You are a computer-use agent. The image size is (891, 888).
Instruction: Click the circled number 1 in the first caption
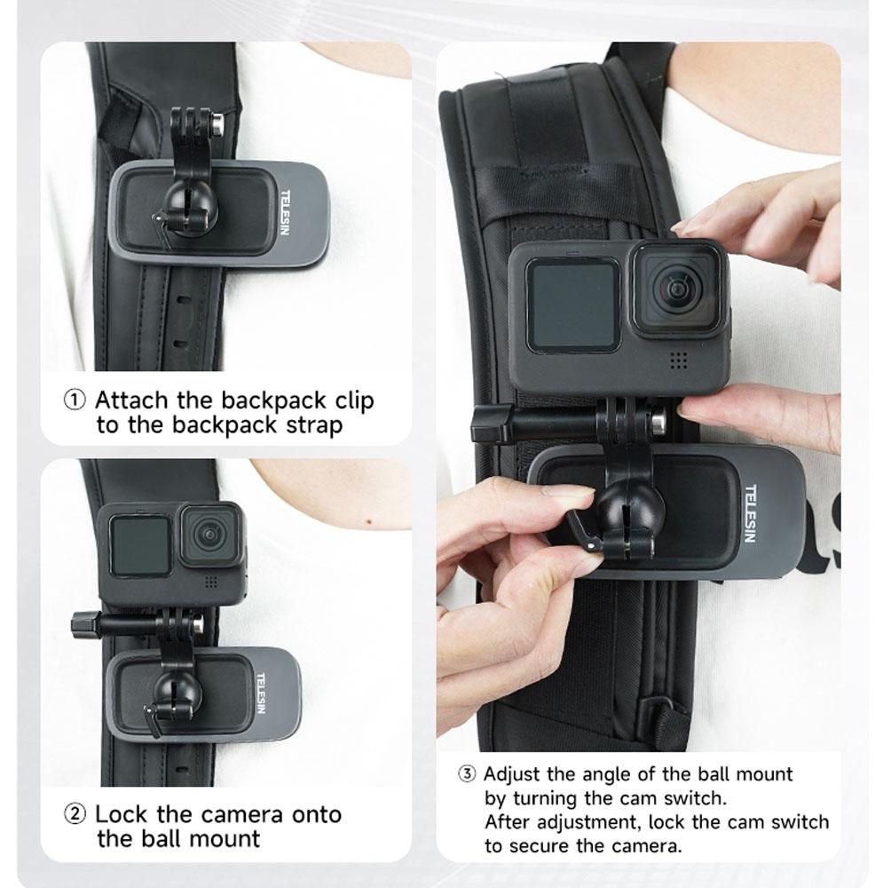[75, 400]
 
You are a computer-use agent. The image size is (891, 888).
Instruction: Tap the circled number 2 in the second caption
[75, 814]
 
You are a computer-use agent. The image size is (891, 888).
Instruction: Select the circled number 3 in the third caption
[468, 774]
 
